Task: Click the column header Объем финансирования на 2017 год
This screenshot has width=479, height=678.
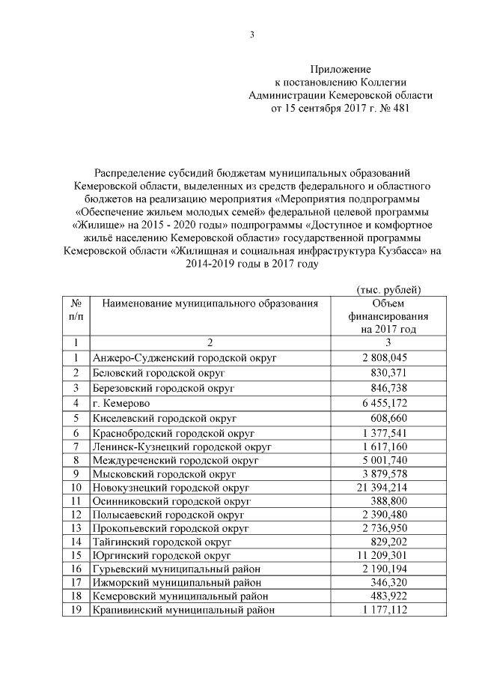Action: pos(387,315)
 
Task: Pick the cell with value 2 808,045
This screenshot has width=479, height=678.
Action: pos(387,358)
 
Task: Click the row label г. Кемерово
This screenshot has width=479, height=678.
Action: pos(125,403)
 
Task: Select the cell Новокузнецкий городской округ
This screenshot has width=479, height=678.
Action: pos(170,487)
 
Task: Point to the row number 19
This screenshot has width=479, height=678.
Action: pos(76,610)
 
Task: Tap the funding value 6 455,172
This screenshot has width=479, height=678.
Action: pos(387,403)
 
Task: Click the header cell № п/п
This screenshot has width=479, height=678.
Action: pos(76,309)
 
